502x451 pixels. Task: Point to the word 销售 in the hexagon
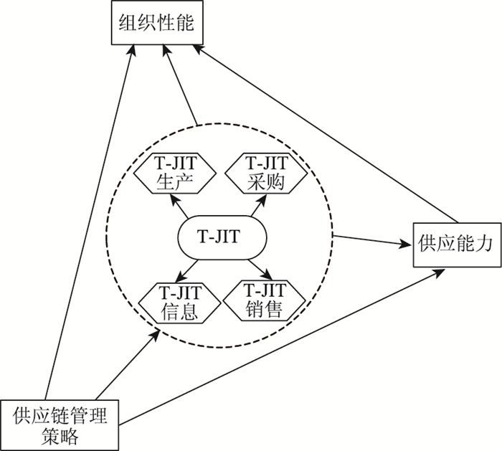pyautogui.click(x=263, y=309)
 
